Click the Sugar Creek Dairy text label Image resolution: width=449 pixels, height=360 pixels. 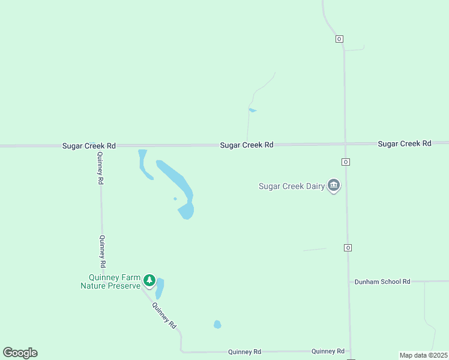click(291, 186)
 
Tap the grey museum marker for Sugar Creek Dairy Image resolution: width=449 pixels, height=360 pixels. click(334, 185)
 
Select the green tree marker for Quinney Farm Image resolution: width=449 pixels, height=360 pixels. click(149, 280)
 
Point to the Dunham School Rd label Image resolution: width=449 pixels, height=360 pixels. click(382, 281)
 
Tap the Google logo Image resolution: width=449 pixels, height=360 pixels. click(20, 353)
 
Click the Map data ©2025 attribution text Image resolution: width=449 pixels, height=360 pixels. click(423, 355)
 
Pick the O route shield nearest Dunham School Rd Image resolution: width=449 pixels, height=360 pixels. click(348, 248)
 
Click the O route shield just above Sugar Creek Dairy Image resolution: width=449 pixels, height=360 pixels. click(346, 162)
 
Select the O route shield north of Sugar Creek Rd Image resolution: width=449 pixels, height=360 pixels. click(339, 39)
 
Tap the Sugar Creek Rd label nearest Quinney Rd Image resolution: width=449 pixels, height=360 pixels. click(89, 146)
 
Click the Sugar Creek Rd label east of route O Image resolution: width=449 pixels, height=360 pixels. click(405, 143)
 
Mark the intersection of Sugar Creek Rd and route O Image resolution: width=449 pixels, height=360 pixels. click(345, 143)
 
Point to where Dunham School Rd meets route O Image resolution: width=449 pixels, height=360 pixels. click(349, 281)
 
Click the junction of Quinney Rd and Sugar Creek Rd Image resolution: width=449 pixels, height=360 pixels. click(98, 146)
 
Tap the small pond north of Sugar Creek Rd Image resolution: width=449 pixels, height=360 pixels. click(253, 110)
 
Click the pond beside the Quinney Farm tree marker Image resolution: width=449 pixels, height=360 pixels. click(160, 288)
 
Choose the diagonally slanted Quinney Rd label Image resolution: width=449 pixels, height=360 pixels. click(164, 314)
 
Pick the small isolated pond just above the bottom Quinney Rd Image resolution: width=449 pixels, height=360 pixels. click(217, 325)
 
